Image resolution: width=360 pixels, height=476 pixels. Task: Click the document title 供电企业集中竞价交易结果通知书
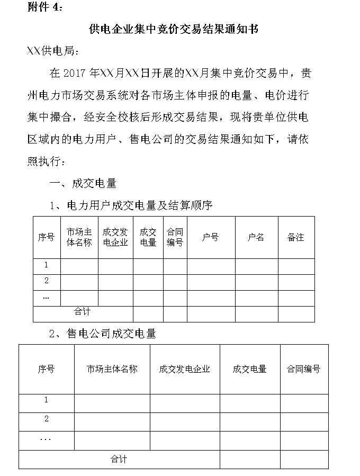[x=174, y=29]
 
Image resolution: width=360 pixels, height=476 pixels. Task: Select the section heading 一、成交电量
[x=83, y=183]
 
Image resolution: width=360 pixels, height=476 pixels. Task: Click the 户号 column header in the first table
[x=210, y=237]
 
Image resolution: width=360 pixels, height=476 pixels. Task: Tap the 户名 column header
[x=256, y=237]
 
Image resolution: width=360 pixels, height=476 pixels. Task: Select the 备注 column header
[x=296, y=237]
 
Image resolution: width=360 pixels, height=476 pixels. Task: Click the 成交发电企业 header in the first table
[x=115, y=237]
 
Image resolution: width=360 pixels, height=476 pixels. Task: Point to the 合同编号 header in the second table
[x=304, y=369]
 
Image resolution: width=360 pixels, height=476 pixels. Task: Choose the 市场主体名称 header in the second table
[x=112, y=369]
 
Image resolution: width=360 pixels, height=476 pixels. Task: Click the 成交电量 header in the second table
[x=249, y=369]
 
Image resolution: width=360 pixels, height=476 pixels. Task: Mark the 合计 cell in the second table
[x=119, y=459]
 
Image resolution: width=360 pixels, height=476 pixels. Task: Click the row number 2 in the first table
[x=47, y=281]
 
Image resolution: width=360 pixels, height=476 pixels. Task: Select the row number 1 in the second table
[x=47, y=400]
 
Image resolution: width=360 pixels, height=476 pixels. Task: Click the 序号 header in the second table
[x=47, y=369]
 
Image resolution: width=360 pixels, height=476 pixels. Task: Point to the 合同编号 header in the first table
[x=175, y=237]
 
